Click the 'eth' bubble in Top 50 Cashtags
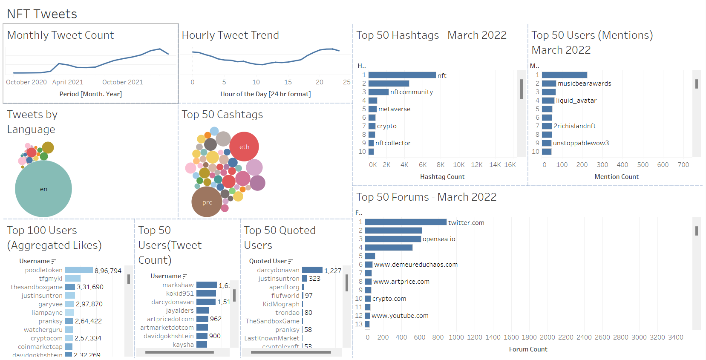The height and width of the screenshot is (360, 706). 244,147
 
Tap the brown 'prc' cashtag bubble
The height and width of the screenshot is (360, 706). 207,202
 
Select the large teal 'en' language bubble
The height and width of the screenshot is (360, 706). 43,189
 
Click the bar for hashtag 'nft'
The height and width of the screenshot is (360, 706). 402,75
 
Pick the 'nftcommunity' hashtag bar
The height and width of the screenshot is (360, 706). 378,92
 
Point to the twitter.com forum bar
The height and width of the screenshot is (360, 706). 406,222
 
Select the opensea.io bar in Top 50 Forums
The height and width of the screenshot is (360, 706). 393,239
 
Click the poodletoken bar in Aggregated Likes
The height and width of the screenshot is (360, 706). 79,270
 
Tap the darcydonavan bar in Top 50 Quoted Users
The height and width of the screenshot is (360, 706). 312,270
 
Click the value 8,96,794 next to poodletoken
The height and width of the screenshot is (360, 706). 108,271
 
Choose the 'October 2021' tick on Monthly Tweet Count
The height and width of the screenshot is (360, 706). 123,82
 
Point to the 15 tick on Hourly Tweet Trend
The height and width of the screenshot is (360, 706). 288,82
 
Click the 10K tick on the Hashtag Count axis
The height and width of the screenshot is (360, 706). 458,165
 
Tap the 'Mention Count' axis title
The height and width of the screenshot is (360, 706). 617,177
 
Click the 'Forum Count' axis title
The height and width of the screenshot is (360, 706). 528,349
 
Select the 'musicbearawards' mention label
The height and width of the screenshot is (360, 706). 584,84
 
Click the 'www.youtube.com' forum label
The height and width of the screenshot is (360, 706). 400,316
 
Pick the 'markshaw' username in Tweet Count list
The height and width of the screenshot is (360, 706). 178,285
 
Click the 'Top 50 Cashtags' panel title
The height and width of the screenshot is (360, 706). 222,115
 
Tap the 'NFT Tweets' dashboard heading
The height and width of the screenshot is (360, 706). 42,14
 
